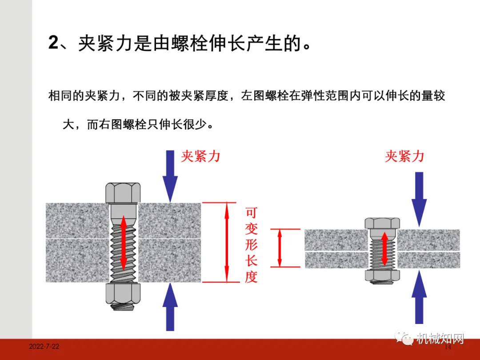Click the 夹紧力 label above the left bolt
click(x=200, y=156)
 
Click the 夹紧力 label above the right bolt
click(x=404, y=156)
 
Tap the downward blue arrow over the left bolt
click(x=170, y=176)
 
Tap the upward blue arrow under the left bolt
click(x=170, y=306)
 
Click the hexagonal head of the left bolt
click(x=123, y=192)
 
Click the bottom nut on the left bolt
click(x=123, y=293)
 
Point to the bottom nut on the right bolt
click(x=382, y=275)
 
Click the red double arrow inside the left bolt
click(x=123, y=242)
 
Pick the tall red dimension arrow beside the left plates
click(x=227, y=242)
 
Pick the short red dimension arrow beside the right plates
click(x=280, y=248)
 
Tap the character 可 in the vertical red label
click(x=251, y=212)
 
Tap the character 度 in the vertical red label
click(x=251, y=277)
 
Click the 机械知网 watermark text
click(x=440, y=339)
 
